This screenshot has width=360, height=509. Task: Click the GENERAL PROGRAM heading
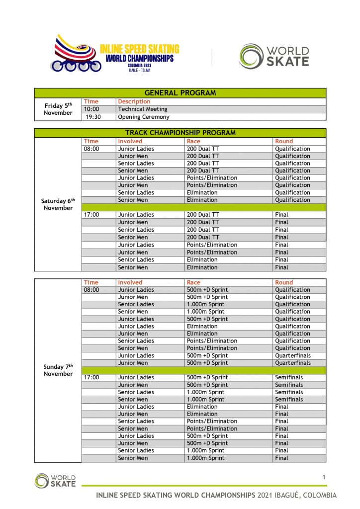coord(180,93)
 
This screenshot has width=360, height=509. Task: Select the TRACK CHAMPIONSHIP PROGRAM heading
coord(180,133)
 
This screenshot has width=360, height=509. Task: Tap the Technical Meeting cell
coord(143,109)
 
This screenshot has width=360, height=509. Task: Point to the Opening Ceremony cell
coord(144,117)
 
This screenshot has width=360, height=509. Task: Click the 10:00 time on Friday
coord(91,109)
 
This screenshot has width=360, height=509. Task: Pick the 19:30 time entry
coord(93,117)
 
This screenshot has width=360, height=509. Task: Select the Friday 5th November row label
coord(58,109)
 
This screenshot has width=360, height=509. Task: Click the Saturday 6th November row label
coord(58,204)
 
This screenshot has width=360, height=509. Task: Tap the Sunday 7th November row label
coord(58,370)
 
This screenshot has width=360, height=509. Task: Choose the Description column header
coord(134,101)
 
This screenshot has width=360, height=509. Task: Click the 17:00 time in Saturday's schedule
coord(91,215)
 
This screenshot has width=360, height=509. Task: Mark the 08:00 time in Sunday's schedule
coord(91,290)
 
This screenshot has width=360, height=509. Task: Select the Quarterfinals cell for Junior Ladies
coord(292,355)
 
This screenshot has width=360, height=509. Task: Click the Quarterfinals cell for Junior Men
coord(292,363)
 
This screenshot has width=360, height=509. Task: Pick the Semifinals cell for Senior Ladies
coord(289,392)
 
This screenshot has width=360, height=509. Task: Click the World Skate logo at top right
coord(273,56)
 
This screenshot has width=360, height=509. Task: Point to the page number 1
coord(324,478)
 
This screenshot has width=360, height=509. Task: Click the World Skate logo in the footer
coord(55,480)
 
